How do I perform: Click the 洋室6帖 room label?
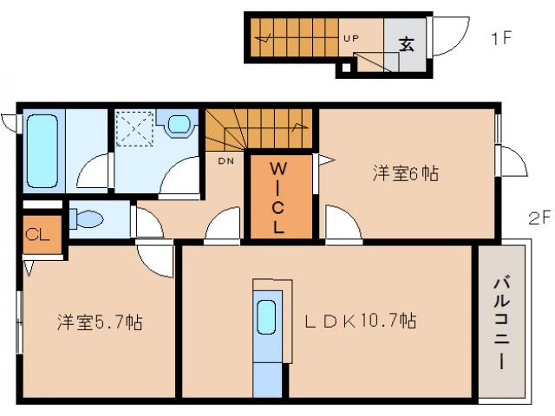405,173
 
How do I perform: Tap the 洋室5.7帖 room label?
100,322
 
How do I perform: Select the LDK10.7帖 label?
360,322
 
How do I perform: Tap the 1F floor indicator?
500,37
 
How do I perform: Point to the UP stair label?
351,39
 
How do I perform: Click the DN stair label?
225,160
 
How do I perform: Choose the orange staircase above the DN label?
258,130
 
